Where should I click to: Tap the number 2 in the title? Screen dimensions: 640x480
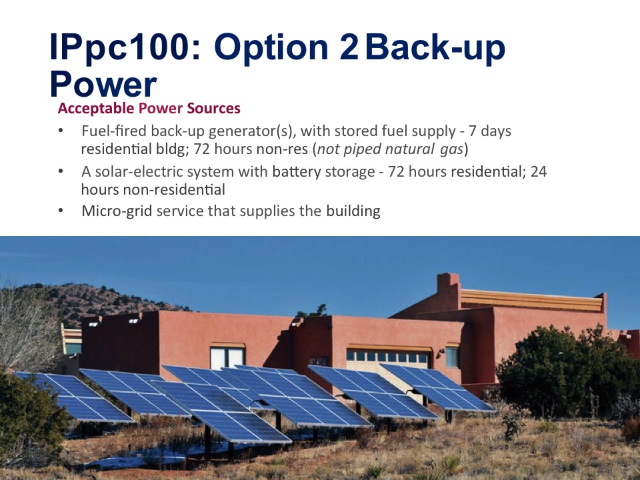click(x=349, y=47)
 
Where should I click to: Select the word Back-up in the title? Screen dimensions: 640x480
click(x=435, y=48)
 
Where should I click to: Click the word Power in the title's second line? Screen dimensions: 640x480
click(x=103, y=84)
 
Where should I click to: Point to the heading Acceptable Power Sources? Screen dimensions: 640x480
click(x=149, y=108)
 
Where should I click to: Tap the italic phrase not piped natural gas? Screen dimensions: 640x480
click(x=391, y=149)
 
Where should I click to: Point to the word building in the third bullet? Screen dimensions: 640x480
click(x=353, y=211)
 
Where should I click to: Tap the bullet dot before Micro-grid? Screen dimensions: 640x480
click(x=61, y=211)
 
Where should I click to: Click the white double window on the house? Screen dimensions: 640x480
click(x=227, y=358)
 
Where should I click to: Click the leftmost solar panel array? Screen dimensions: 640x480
click(x=73, y=396)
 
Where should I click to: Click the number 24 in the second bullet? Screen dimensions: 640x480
click(x=539, y=171)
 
